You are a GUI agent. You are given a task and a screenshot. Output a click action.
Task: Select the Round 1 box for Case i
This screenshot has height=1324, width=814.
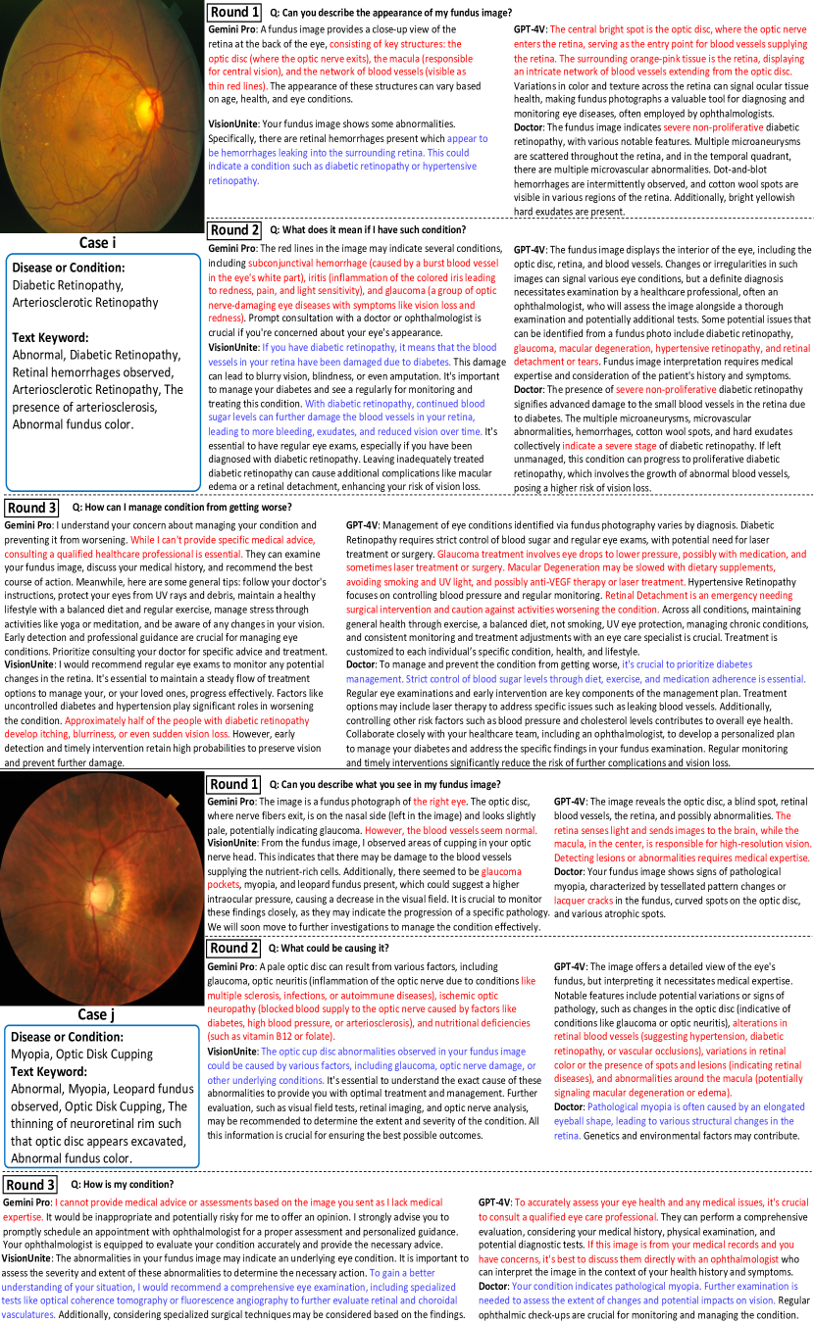tap(234, 12)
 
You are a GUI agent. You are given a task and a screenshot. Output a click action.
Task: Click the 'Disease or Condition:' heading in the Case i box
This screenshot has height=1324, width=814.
tap(69, 268)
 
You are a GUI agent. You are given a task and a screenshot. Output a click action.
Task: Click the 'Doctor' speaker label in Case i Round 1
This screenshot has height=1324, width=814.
tap(530, 127)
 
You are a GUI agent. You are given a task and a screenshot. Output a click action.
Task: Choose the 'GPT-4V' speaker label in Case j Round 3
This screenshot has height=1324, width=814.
tap(496, 1201)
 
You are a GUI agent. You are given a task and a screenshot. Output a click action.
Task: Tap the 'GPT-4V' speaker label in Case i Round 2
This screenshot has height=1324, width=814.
tap(531, 250)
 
